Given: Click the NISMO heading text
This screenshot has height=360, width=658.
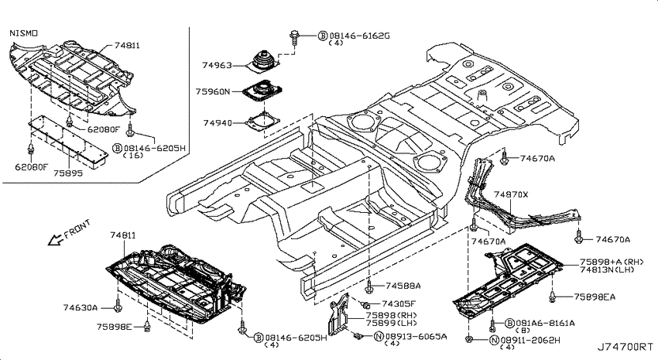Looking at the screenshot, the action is [x=23, y=33].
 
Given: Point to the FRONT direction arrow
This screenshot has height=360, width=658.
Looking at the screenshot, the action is [x=55, y=240].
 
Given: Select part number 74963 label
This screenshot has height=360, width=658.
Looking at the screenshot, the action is [x=217, y=66].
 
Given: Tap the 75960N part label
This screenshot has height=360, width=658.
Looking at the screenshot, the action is [x=213, y=91].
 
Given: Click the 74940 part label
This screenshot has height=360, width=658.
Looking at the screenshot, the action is [x=218, y=123].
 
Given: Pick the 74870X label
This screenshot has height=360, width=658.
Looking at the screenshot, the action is [x=511, y=194].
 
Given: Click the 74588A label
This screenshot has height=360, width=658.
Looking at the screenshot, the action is [x=403, y=286].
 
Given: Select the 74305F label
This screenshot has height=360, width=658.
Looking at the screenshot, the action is [x=398, y=303].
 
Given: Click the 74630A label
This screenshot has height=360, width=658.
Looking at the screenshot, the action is [x=81, y=307].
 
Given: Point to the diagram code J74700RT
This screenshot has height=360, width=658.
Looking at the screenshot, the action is [x=625, y=347].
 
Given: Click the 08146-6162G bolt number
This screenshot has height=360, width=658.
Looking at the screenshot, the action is [x=359, y=36].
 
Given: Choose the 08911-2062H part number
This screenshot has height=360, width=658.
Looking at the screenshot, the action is [x=529, y=340].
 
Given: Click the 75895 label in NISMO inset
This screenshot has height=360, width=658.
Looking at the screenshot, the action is [x=68, y=173].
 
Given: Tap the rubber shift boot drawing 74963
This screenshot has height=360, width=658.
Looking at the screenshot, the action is [x=265, y=63].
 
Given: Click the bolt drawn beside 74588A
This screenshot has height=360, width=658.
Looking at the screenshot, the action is [x=368, y=287].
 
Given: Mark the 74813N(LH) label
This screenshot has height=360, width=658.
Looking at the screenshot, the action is [x=607, y=269].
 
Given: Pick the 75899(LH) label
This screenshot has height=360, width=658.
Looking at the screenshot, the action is [x=392, y=323].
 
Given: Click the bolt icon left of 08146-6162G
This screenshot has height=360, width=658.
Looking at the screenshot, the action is [x=293, y=37].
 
